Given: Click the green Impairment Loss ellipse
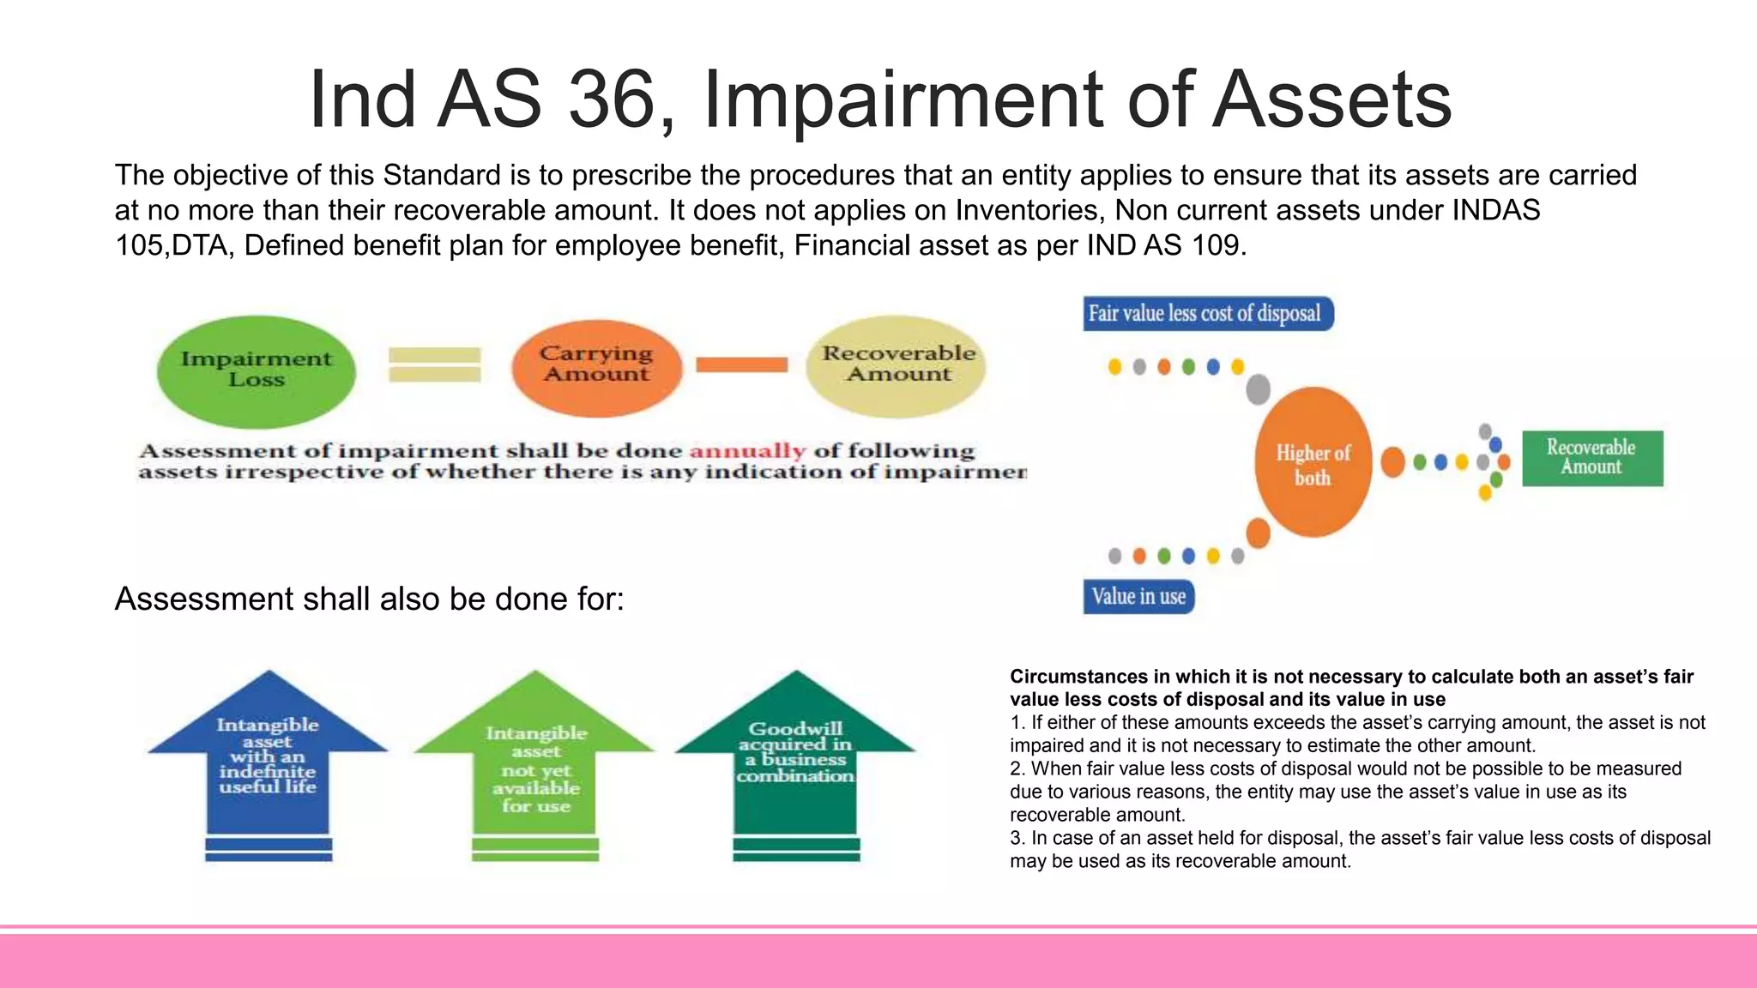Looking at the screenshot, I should (256, 370).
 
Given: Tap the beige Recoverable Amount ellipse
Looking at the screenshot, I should (897, 366).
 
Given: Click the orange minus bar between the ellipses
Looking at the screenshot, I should (741, 365).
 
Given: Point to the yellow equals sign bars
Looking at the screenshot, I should (434, 364).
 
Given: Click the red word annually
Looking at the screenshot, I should (747, 451).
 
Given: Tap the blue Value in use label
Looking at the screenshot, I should (1138, 597).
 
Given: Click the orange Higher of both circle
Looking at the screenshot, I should (1313, 464).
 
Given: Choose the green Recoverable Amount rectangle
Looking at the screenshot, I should (1591, 458).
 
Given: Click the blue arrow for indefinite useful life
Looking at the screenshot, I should (268, 755).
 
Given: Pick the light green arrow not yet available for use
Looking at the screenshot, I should (535, 763).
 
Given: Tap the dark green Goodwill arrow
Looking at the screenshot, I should (795, 755).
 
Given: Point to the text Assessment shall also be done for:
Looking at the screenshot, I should (369, 599).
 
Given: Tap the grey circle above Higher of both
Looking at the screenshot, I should (1258, 389).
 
